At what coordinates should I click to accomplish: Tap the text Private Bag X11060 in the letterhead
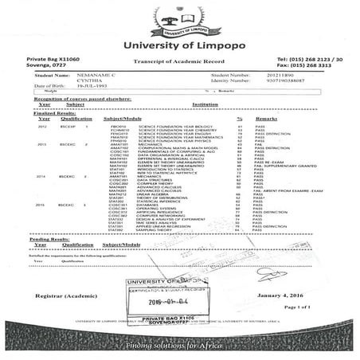coord(53,60)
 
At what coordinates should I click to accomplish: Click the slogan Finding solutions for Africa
coord(179,346)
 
